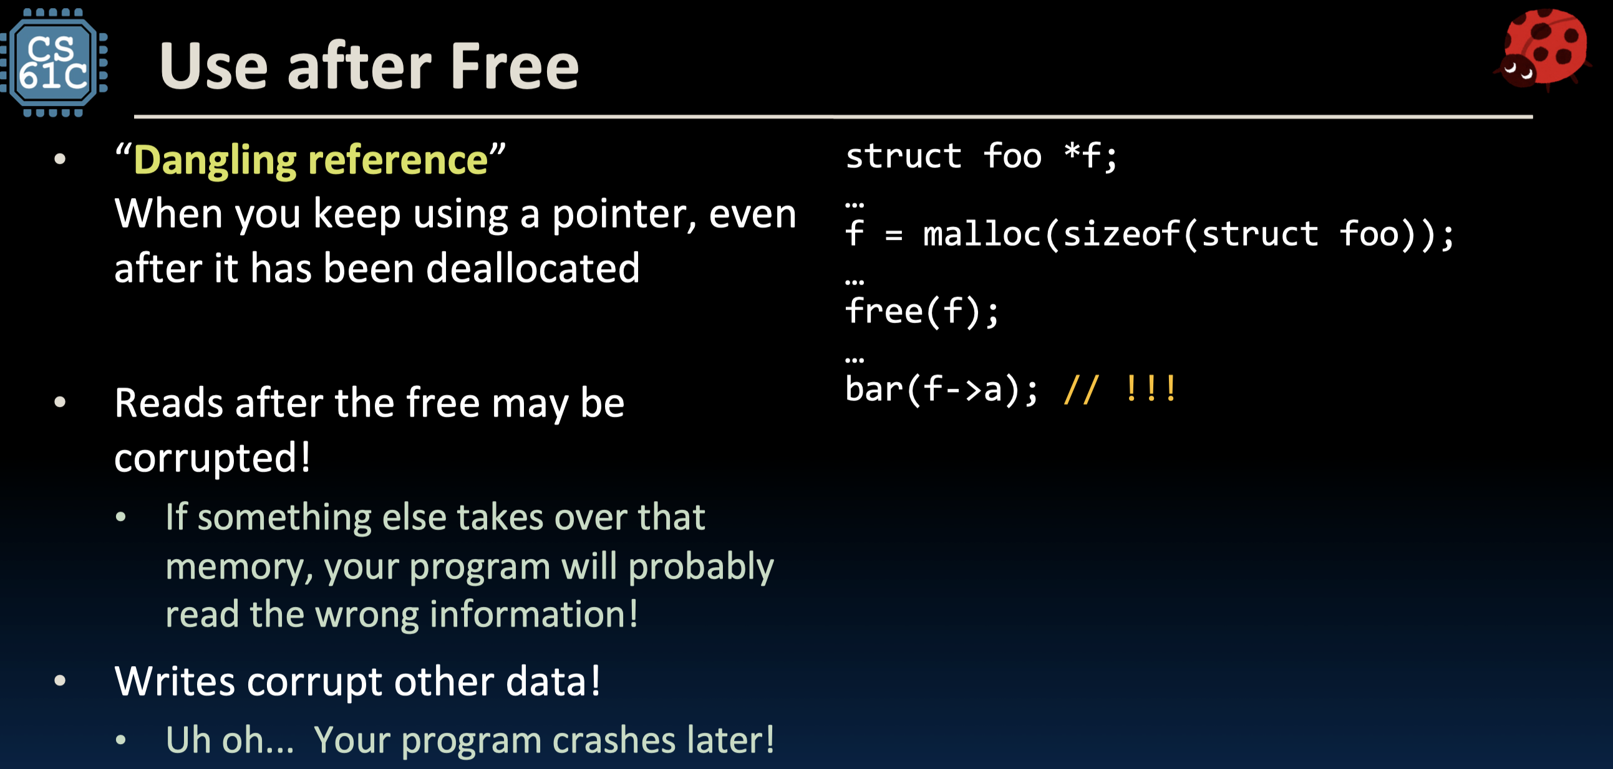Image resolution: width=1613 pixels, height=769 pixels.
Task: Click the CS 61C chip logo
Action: click(x=54, y=62)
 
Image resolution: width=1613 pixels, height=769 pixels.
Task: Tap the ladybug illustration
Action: click(x=1543, y=49)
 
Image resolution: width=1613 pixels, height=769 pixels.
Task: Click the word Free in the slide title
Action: click(x=515, y=66)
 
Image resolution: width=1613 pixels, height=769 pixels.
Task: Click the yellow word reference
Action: click(x=398, y=160)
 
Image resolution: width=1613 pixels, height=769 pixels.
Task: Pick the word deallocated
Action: click(x=532, y=269)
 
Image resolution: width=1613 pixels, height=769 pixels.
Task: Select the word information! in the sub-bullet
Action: click(x=533, y=614)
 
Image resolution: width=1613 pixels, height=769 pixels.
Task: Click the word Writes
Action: click(x=175, y=681)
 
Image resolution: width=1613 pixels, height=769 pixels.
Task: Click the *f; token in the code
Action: click(x=1090, y=156)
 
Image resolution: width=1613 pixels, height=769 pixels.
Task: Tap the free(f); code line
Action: click(x=922, y=312)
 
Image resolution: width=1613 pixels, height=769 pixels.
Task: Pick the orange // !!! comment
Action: click(x=1120, y=389)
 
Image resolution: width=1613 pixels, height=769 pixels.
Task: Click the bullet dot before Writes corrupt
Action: click(x=60, y=681)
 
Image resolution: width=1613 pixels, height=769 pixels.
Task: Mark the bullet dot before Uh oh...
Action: click(x=121, y=741)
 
